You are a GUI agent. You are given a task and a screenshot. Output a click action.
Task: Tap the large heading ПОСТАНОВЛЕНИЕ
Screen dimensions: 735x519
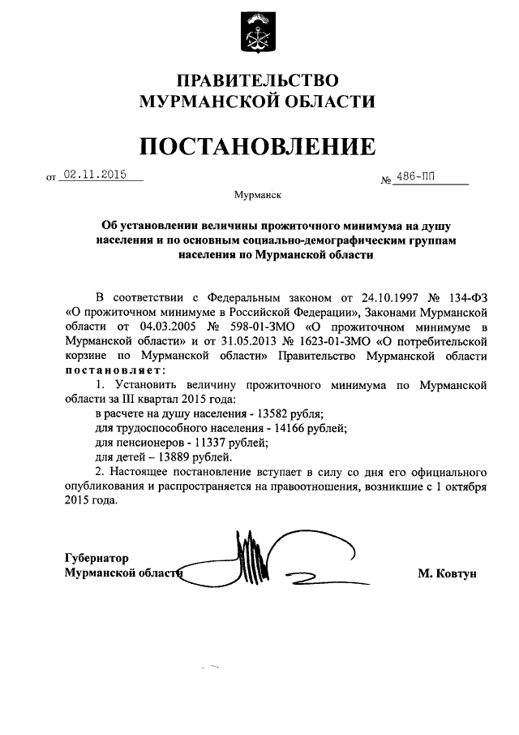pos(258,145)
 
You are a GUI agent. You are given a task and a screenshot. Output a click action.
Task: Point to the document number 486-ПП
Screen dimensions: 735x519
pos(419,179)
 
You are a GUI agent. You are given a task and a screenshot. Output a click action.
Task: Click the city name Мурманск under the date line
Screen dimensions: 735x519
pos(258,195)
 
